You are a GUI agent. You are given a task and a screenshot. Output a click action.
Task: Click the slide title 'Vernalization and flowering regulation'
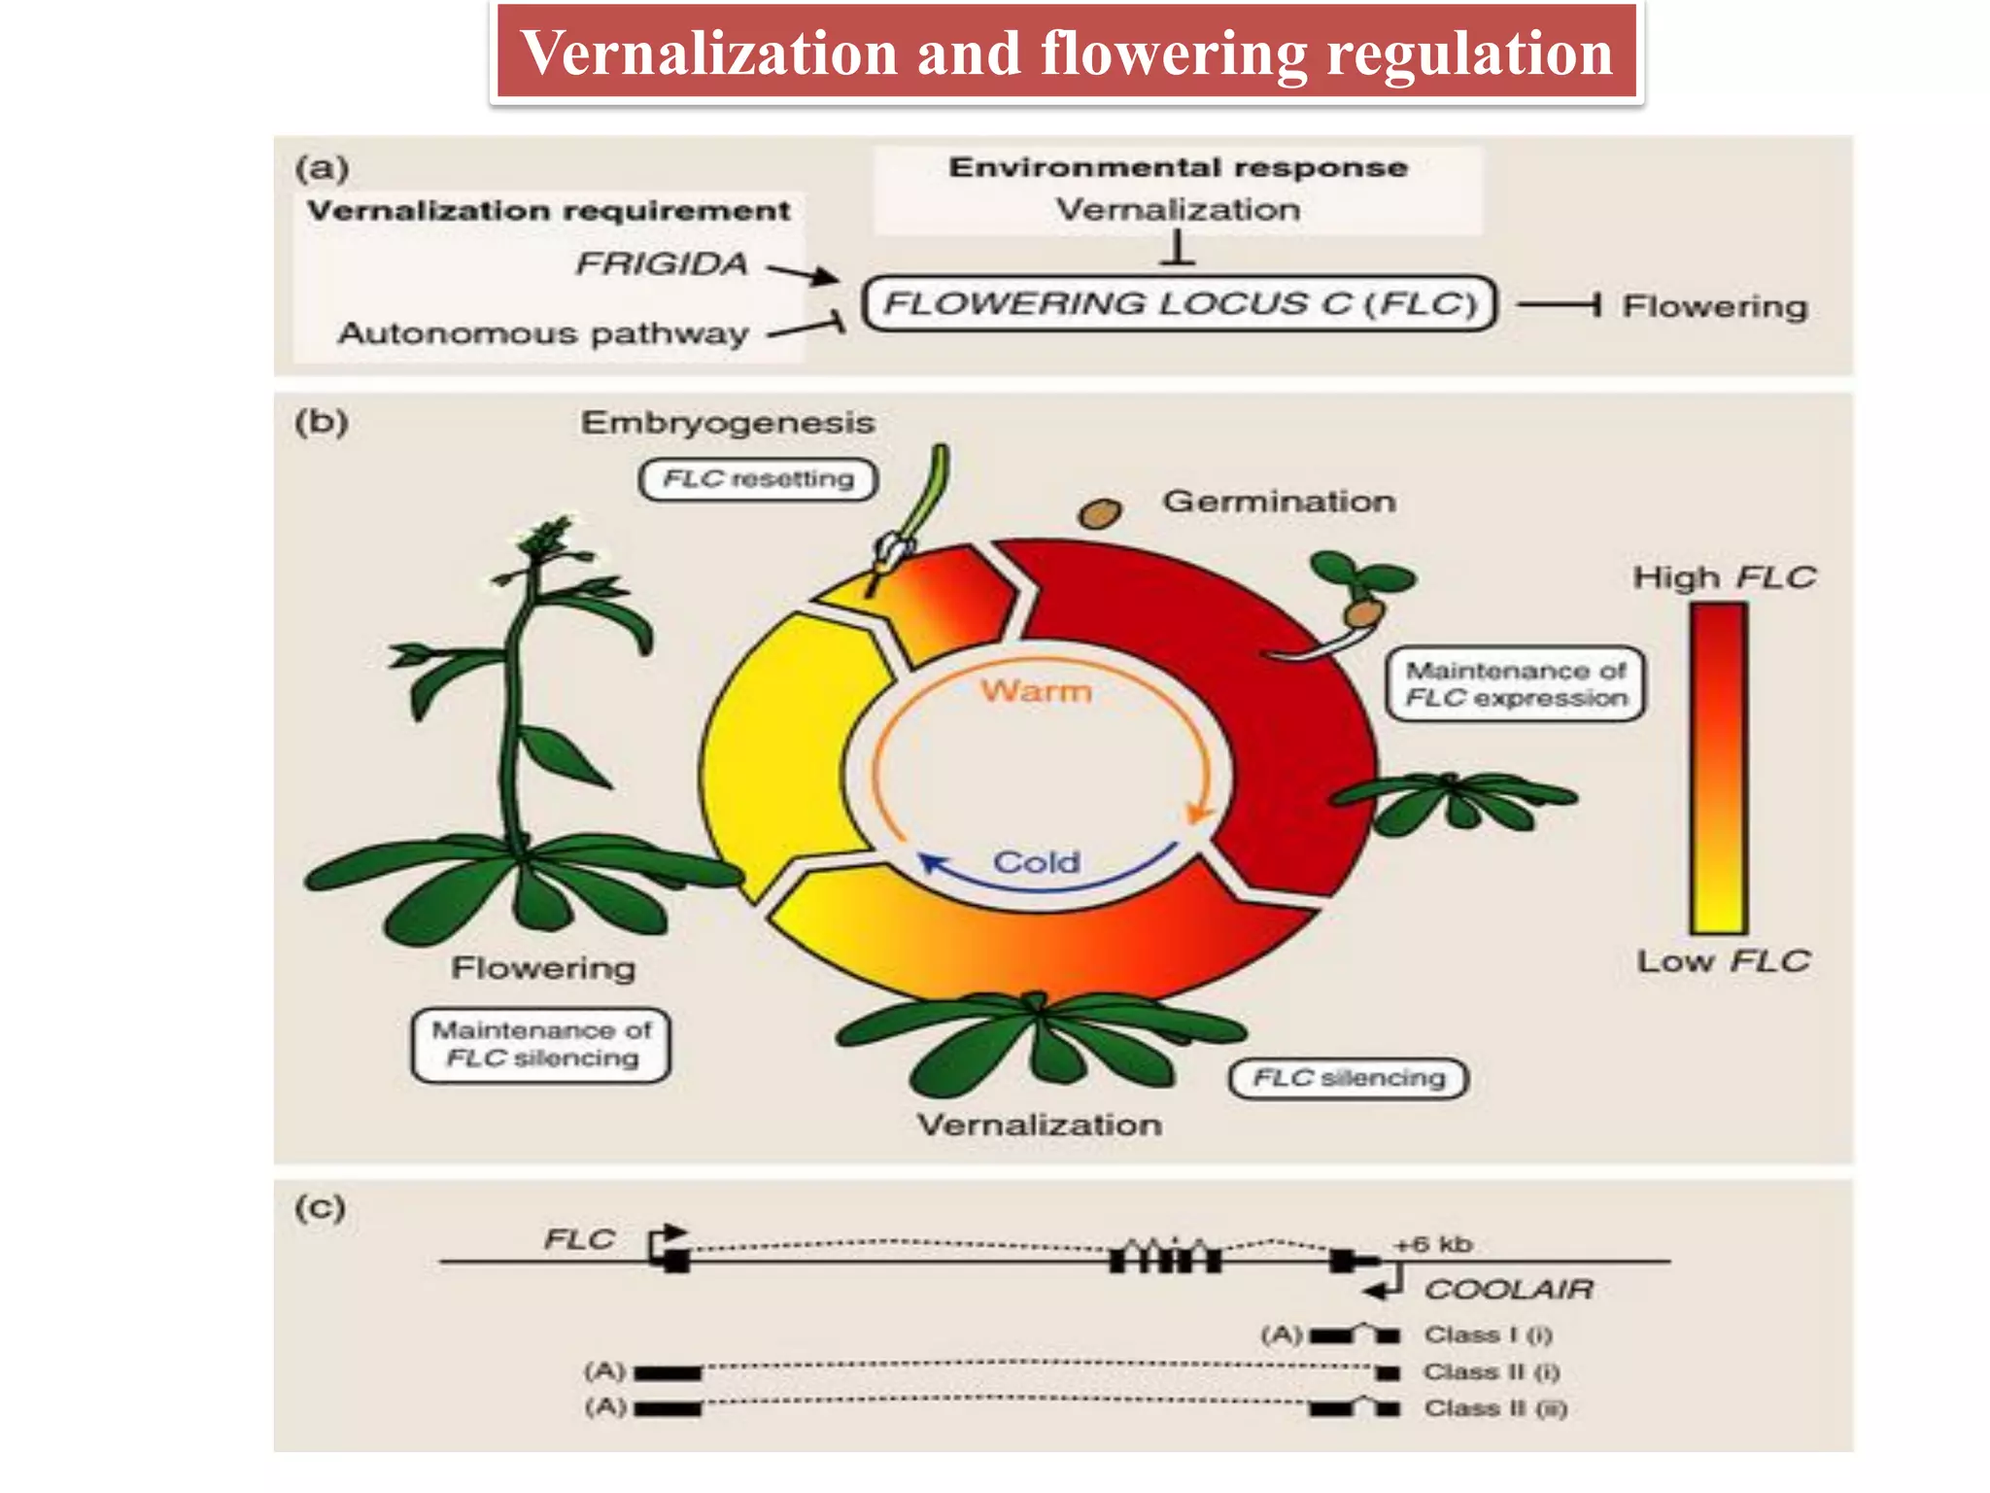pyautogui.click(x=1066, y=52)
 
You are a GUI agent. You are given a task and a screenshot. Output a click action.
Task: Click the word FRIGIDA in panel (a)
pyautogui.click(x=662, y=263)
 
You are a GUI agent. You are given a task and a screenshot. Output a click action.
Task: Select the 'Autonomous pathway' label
pyautogui.click(x=543, y=333)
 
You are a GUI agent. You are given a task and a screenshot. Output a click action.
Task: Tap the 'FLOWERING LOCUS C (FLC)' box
pyautogui.click(x=1180, y=304)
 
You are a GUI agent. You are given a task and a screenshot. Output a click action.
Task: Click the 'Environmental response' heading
pyautogui.click(x=1178, y=167)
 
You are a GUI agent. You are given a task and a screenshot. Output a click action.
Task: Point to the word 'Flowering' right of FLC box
pyautogui.click(x=1714, y=306)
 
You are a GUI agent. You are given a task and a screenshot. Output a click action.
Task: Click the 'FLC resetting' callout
pyautogui.click(x=758, y=479)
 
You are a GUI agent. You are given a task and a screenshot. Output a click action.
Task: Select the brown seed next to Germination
pyautogui.click(x=1100, y=512)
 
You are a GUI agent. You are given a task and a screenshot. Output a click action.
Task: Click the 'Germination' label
pyautogui.click(x=1279, y=502)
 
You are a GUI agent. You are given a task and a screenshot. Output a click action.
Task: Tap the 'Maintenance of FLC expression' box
pyautogui.click(x=1515, y=684)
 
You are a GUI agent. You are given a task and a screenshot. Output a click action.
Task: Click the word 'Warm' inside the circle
pyautogui.click(x=1036, y=691)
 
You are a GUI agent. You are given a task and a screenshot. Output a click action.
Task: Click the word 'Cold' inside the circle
pyautogui.click(x=1036, y=862)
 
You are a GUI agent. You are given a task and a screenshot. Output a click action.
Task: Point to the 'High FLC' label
pyautogui.click(x=1723, y=577)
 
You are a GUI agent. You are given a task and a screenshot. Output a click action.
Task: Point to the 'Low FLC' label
pyautogui.click(x=1723, y=961)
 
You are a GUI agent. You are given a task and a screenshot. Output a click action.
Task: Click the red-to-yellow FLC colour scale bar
pyautogui.click(x=1718, y=768)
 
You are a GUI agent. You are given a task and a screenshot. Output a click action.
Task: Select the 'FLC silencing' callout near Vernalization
pyautogui.click(x=1348, y=1078)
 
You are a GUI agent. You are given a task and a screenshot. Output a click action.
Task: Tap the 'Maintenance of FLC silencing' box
pyautogui.click(x=541, y=1044)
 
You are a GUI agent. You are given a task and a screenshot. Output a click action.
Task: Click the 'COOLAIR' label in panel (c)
pyautogui.click(x=1508, y=1290)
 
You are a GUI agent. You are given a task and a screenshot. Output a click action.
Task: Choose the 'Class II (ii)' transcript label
pyautogui.click(x=1495, y=1408)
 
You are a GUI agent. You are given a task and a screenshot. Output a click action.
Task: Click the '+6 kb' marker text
pyautogui.click(x=1433, y=1244)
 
